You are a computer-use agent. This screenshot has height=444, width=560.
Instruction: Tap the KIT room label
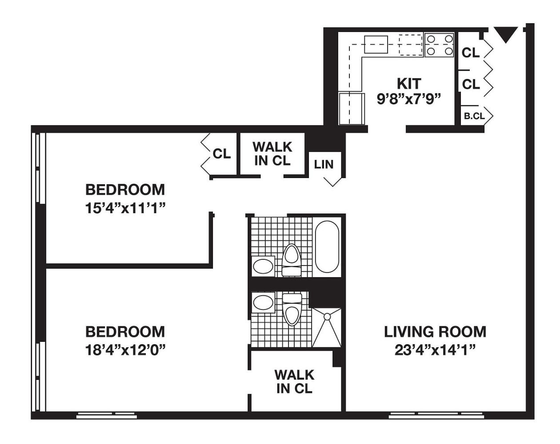(409, 83)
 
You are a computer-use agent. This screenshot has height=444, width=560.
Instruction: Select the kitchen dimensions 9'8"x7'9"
(409, 99)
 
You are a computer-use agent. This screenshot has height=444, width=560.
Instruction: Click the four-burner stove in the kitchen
(440, 45)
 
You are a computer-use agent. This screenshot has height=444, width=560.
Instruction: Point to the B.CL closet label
(474, 116)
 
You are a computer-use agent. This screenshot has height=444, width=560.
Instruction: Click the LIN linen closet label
(324, 164)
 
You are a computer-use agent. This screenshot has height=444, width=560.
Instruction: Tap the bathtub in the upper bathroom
(327, 247)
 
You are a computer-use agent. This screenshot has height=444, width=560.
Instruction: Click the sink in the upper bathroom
(263, 266)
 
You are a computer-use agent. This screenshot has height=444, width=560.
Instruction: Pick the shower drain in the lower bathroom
(327, 316)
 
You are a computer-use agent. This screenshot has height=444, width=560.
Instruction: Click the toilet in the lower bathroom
(292, 309)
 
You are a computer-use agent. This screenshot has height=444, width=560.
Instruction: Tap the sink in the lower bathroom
(264, 302)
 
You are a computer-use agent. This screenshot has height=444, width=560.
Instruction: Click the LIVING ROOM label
(435, 332)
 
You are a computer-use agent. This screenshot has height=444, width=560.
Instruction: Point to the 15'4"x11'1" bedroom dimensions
(125, 208)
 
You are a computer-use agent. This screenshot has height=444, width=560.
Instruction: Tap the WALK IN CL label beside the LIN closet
(272, 154)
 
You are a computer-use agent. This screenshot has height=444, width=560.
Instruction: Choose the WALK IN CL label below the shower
(294, 381)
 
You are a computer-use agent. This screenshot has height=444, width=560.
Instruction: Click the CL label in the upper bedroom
(222, 154)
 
